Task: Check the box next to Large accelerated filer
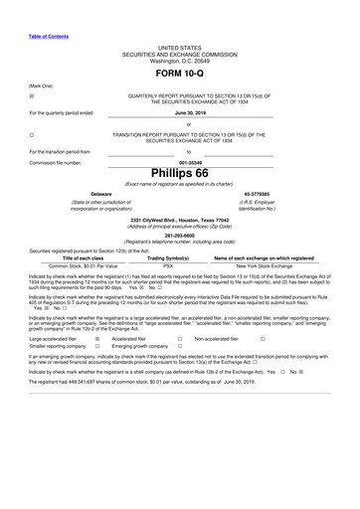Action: [97, 339]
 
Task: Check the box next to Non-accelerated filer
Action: [263, 339]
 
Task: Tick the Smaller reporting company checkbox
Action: [97, 347]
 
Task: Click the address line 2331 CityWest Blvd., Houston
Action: [179, 219]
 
